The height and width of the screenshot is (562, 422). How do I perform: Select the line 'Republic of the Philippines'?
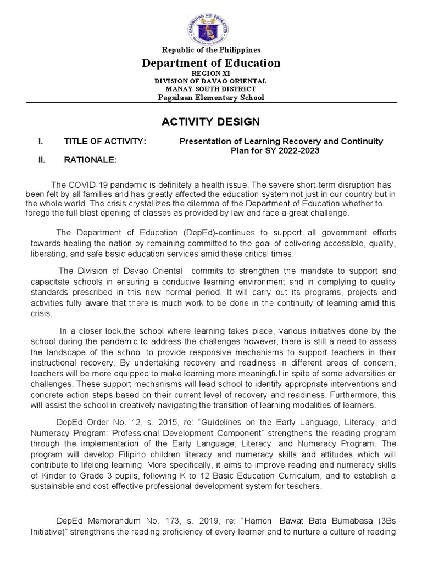[x=211, y=50]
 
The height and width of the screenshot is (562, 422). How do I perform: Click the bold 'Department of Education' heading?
[x=211, y=63]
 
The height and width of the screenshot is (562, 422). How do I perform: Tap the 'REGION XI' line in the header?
[x=211, y=73]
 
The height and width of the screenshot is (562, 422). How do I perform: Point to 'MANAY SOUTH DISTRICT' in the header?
[x=211, y=89]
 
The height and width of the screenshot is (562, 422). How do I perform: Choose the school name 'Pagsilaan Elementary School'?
[x=211, y=98]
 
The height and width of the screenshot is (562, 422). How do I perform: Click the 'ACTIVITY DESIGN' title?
[x=211, y=121]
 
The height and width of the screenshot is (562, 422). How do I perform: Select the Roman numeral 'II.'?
[x=41, y=160]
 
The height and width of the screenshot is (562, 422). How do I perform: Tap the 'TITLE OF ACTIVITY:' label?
[x=105, y=142]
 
